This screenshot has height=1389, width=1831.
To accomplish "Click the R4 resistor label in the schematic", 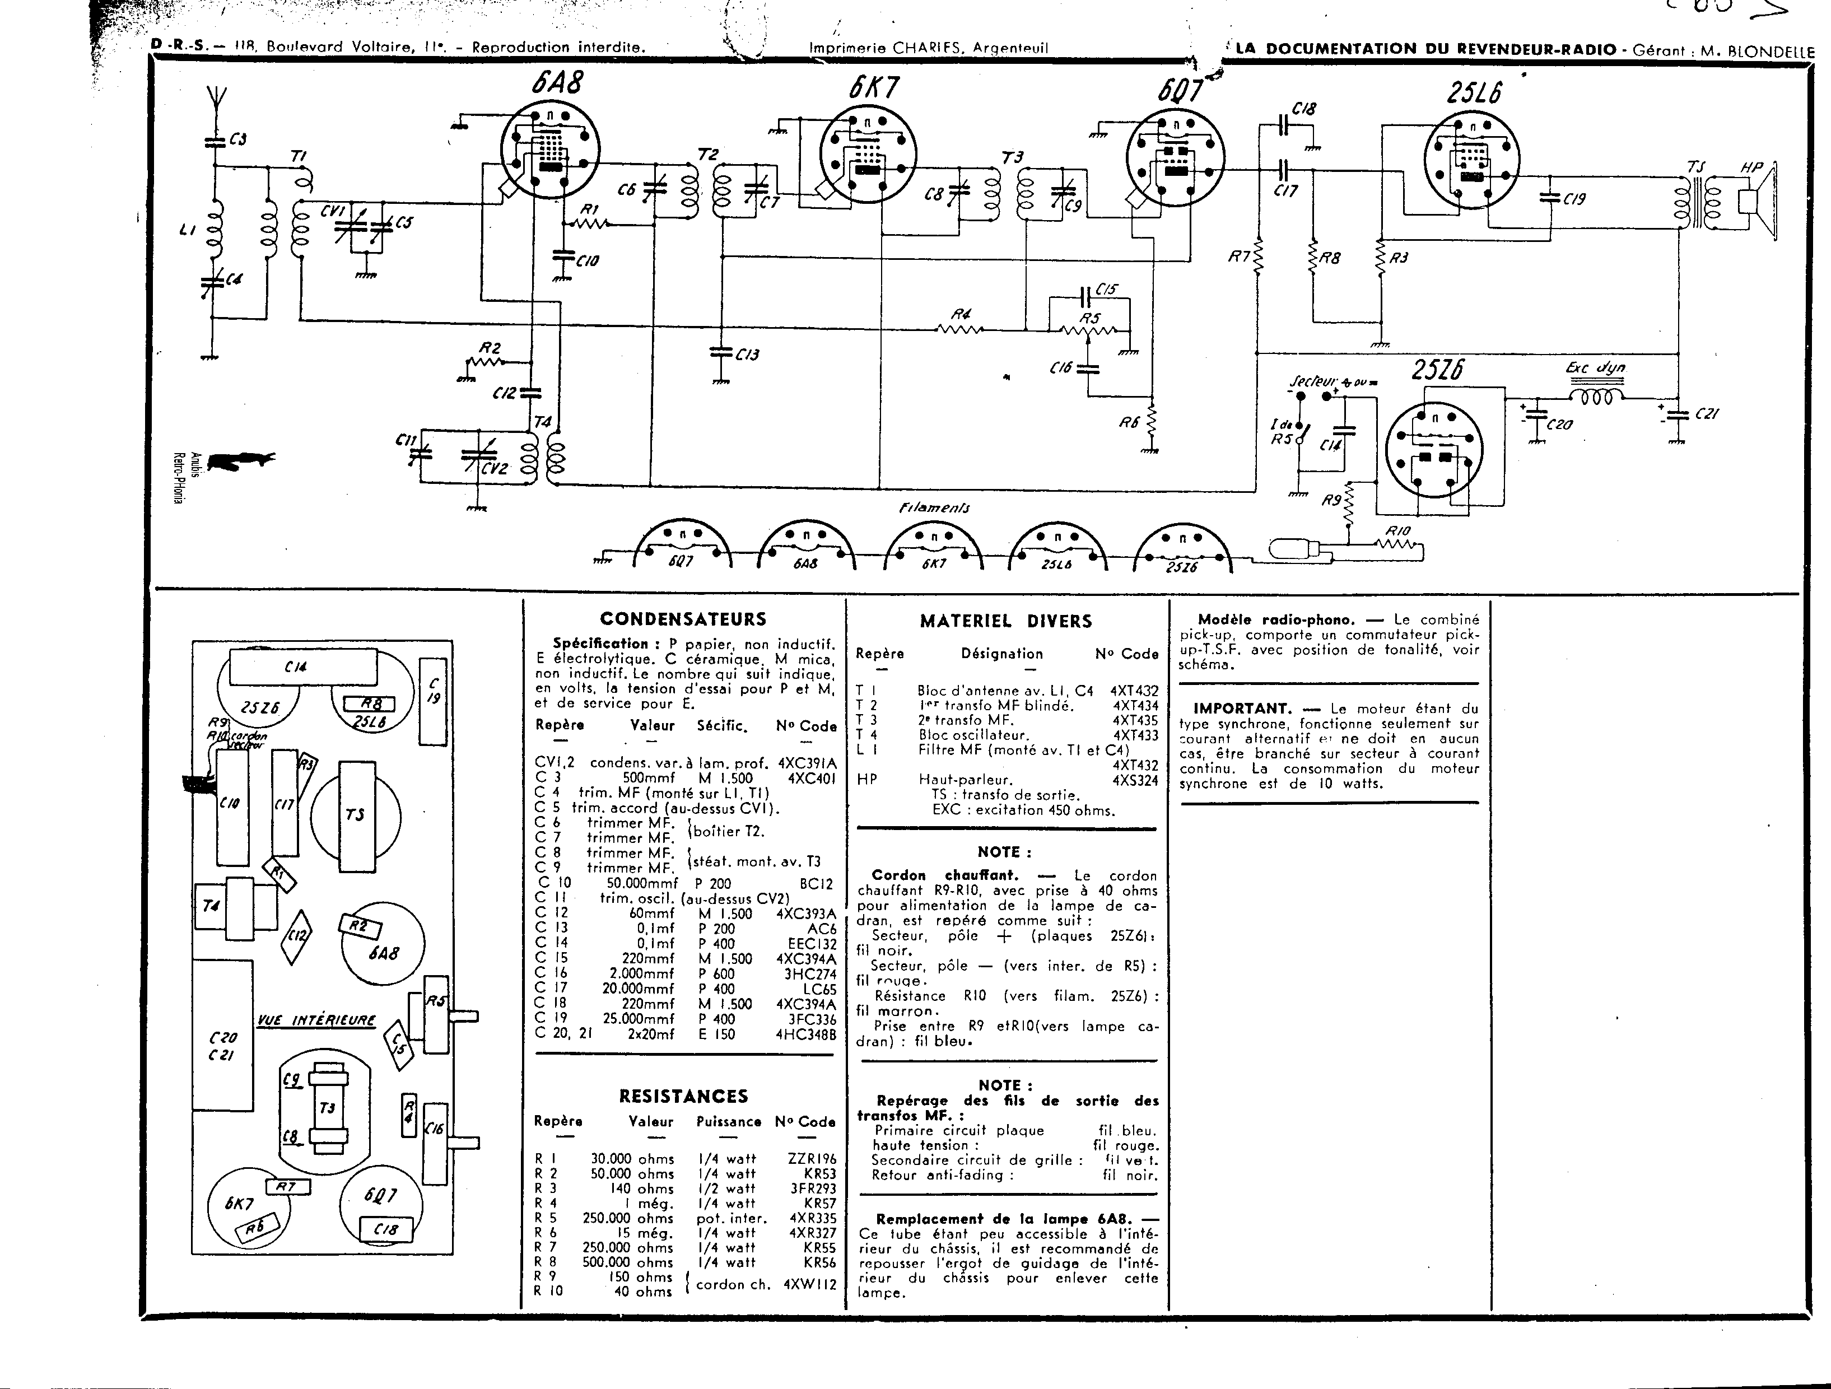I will pos(960,315).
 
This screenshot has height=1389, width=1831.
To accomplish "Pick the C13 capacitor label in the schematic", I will pos(747,355).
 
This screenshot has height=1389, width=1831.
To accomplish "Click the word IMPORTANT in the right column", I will pos(1242,709).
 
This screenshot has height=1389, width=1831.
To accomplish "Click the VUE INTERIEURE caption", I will pos(316,1020).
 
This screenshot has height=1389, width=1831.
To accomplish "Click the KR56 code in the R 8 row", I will pos(819,1262).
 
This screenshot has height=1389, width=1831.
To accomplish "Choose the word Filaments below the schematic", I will pos(934,508).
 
